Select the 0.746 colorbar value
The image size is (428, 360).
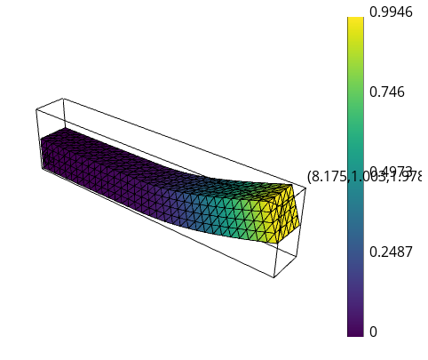coord(386,92)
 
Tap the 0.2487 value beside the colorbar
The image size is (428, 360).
coord(391,252)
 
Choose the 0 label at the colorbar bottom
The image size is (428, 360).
coord(373,332)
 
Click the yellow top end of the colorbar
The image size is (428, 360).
coord(355,21)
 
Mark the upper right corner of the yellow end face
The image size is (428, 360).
coord(294,185)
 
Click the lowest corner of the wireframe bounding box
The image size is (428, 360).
coord(273,277)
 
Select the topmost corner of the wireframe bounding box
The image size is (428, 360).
coord(63,99)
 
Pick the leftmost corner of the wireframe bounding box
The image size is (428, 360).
coord(36,109)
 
